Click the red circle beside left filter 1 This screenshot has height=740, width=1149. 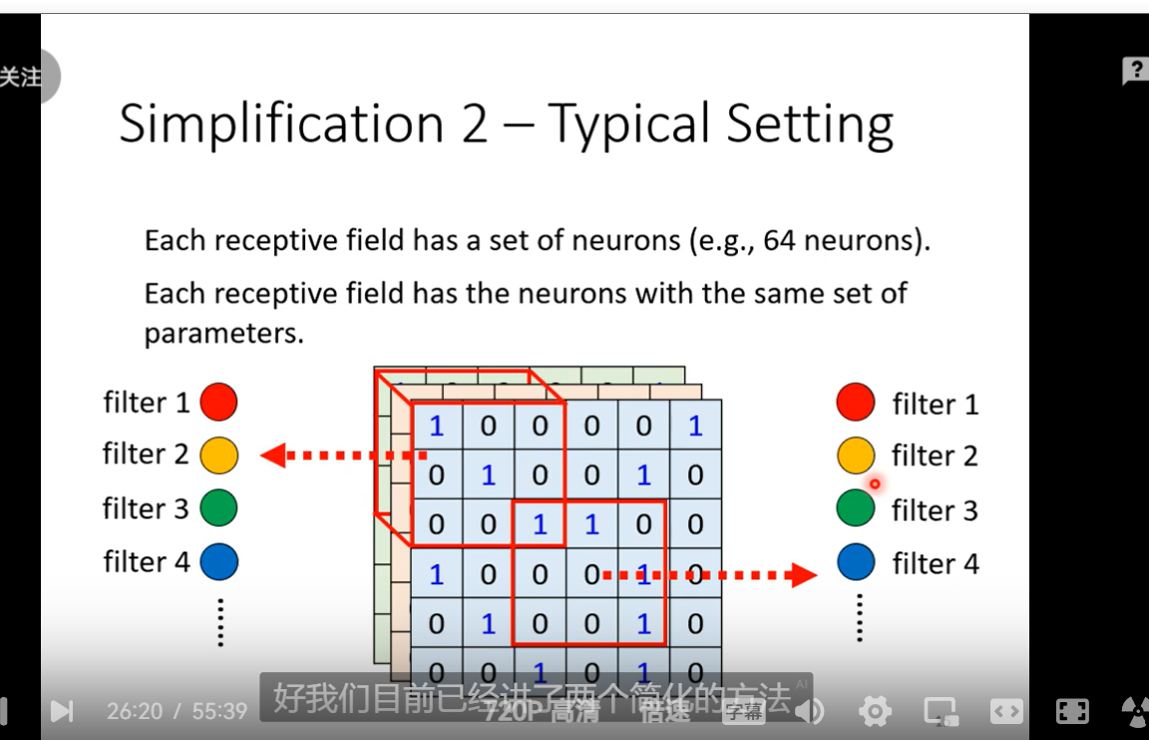tap(218, 402)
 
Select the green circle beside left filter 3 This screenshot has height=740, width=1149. tap(218, 508)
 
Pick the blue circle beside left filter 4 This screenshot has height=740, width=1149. tap(218, 561)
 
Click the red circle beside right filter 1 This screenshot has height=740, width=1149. tap(856, 402)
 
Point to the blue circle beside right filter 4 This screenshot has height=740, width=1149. tap(856, 562)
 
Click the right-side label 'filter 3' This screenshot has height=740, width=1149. tap(935, 511)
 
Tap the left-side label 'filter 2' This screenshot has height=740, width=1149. tap(146, 454)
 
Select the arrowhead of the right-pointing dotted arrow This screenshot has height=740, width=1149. tap(804, 574)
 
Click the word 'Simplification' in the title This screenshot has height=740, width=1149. tap(281, 125)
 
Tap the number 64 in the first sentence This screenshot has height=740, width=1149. tap(780, 240)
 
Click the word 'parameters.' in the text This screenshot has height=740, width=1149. tap(223, 333)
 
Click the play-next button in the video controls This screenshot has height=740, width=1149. tap(62, 711)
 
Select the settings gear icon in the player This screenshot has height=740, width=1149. tap(875, 711)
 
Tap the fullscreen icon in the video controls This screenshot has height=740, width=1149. tap(1072, 711)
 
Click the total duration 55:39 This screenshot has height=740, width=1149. tap(218, 711)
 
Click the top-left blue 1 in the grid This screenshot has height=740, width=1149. tap(436, 427)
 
